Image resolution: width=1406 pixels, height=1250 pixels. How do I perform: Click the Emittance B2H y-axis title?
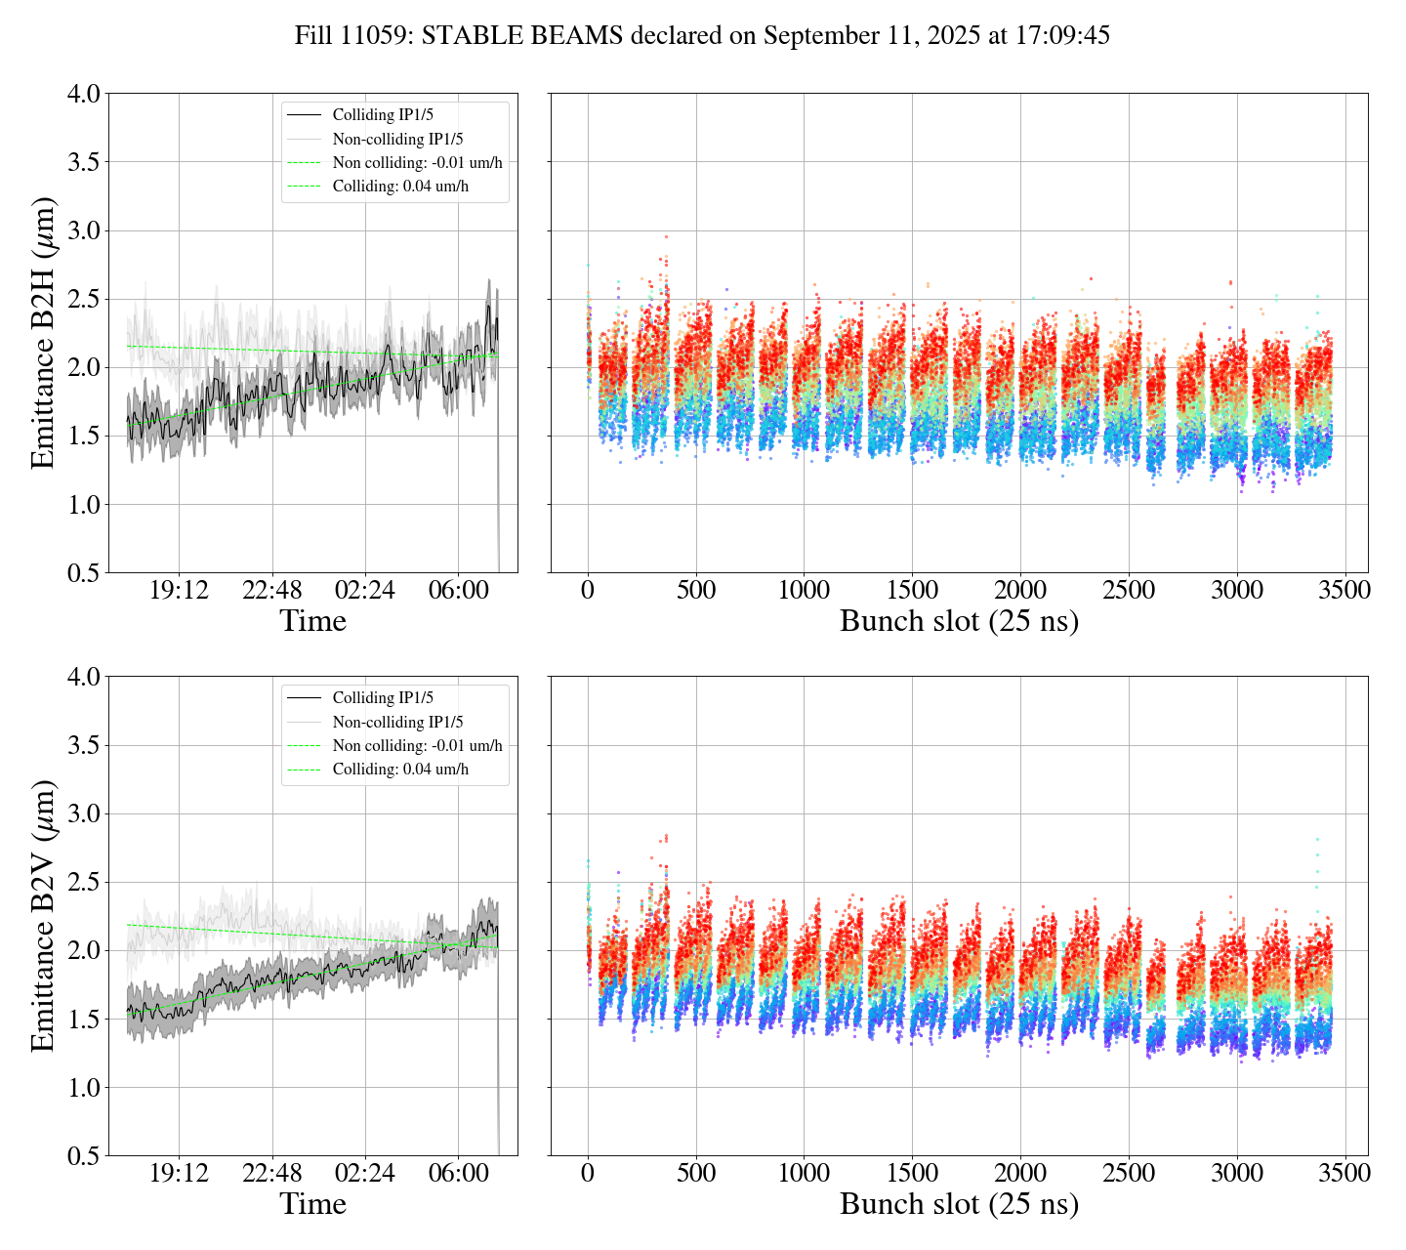click(43, 333)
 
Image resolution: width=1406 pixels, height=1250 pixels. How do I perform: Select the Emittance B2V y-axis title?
click(43, 916)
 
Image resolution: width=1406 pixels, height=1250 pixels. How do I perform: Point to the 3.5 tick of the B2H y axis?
click(83, 162)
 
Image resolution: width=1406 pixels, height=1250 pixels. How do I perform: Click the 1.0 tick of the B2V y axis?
click(83, 1088)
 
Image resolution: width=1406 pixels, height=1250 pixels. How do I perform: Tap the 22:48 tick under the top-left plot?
click(271, 591)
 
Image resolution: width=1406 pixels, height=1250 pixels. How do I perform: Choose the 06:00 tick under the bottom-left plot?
click(459, 1173)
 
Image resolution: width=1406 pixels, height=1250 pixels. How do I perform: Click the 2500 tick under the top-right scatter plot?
click(1129, 591)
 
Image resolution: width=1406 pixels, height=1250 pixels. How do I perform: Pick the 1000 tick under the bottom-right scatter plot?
click(804, 1173)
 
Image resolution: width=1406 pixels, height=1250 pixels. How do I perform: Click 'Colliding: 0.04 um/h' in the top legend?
click(400, 187)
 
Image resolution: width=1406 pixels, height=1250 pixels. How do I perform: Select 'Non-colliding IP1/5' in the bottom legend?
click(397, 722)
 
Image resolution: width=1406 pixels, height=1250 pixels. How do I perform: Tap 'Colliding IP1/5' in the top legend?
click(383, 115)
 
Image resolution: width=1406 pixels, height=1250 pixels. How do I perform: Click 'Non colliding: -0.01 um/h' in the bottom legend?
click(417, 746)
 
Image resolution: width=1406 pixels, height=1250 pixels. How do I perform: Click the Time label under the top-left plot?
click(312, 621)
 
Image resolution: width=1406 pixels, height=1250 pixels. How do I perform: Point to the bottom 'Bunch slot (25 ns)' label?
click(959, 1204)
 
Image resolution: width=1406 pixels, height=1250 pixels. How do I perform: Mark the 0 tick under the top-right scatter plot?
click(588, 591)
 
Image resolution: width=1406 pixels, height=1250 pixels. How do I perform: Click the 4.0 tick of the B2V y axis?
click(83, 677)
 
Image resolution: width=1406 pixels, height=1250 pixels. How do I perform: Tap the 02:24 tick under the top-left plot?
click(365, 591)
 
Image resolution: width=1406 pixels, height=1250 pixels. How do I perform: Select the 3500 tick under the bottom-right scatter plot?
click(1344, 1173)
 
